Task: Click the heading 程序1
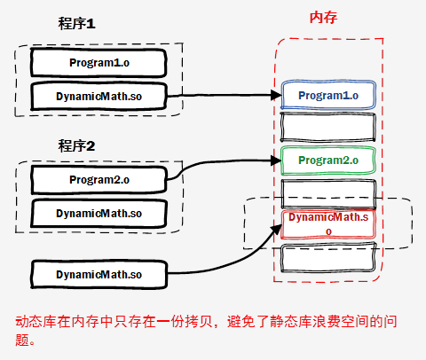tap(76, 25)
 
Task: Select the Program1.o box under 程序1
tap(99, 62)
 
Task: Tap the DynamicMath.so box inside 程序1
tap(99, 96)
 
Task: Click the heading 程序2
tap(76, 145)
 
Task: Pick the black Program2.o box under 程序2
tap(99, 180)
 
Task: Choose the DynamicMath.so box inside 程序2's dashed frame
tap(99, 213)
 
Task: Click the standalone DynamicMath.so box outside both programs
tap(99, 275)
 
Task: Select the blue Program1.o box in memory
tap(328, 95)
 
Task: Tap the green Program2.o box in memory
tap(328, 160)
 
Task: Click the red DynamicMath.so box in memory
tap(328, 223)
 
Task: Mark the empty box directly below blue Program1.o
tap(328, 127)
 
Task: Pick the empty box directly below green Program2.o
tap(328, 192)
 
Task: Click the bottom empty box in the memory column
tap(328, 259)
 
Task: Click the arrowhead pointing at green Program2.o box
tap(274, 160)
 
